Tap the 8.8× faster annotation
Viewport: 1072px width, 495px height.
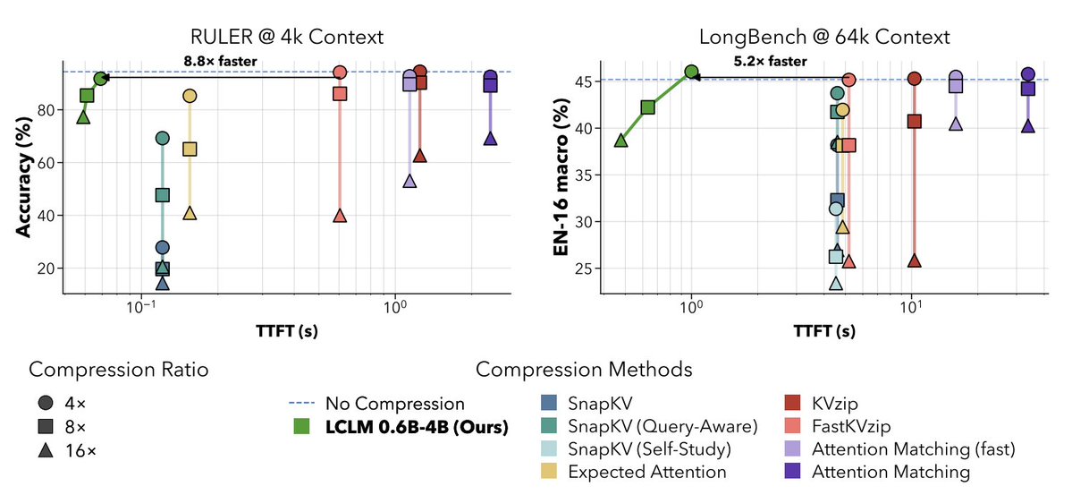pos(220,61)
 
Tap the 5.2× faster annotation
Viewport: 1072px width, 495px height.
pos(771,61)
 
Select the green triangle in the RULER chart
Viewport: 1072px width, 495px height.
pos(83,116)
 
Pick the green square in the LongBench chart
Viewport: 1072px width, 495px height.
pos(647,107)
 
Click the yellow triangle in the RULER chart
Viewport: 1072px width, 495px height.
pos(190,213)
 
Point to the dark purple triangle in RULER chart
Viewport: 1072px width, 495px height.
pos(490,139)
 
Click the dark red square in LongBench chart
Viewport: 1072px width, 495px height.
pos(914,121)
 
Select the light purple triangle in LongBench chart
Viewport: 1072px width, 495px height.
pos(956,124)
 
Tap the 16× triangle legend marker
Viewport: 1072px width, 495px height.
pos(46,451)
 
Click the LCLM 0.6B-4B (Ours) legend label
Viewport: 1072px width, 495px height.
pos(417,429)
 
